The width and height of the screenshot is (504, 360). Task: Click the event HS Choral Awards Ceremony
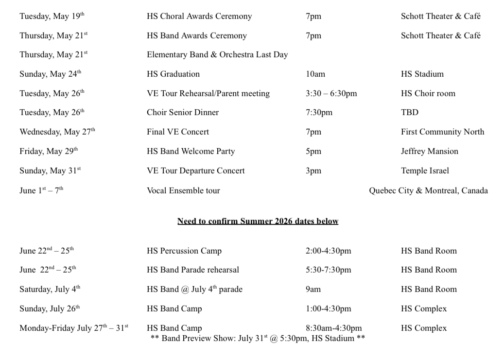(x=199, y=17)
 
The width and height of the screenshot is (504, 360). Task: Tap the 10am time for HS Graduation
(x=315, y=74)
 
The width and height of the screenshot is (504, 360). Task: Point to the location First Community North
(x=442, y=132)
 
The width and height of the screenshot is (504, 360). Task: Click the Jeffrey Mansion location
(x=429, y=152)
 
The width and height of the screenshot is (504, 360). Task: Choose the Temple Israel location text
(x=425, y=171)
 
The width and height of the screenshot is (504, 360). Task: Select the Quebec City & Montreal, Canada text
(x=428, y=191)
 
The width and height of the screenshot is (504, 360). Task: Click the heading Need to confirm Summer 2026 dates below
(x=258, y=222)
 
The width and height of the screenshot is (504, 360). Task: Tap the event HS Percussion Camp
(x=184, y=251)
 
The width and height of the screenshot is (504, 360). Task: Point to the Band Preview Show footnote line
(x=258, y=338)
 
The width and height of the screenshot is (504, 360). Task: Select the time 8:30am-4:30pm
(x=333, y=328)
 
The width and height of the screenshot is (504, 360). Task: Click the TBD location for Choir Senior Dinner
(x=409, y=113)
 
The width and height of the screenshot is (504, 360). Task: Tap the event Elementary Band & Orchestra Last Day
(x=217, y=55)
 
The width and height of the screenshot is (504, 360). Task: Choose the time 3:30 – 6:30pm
(x=331, y=94)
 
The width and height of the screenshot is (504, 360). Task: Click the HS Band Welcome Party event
(x=191, y=152)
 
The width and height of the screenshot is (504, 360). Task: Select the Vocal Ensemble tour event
(x=183, y=191)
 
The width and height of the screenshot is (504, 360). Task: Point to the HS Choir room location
(x=428, y=94)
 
